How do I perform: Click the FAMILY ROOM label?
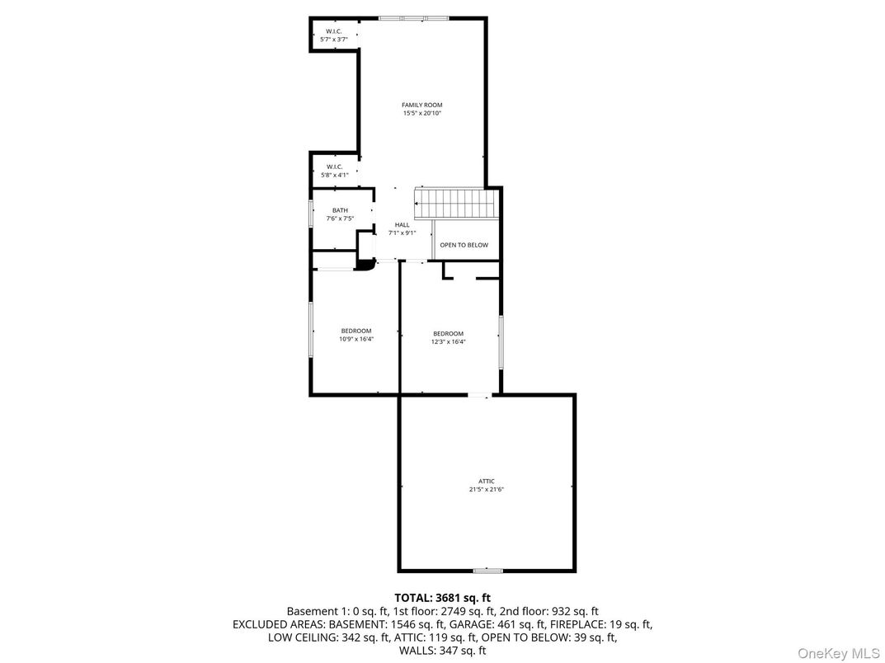(421, 105)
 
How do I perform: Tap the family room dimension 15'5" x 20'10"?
(421, 114)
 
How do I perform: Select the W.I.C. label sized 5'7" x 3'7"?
(333, 31)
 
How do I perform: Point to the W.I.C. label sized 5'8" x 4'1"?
(334, 167)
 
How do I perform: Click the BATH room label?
(340, 210)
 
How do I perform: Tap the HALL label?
(402, 224)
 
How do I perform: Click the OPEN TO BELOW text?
(464, 245)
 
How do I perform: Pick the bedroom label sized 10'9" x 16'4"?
(356, 331)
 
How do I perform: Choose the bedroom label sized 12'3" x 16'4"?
(449, 334)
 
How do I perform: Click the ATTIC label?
(487, 481)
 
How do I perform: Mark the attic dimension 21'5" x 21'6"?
(487, 490)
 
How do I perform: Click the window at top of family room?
(413, 18)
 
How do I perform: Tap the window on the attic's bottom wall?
(487, 570)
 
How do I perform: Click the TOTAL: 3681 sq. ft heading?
(442, 597)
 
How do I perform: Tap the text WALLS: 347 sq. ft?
(442, 651)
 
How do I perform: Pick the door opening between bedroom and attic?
(478, 396)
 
